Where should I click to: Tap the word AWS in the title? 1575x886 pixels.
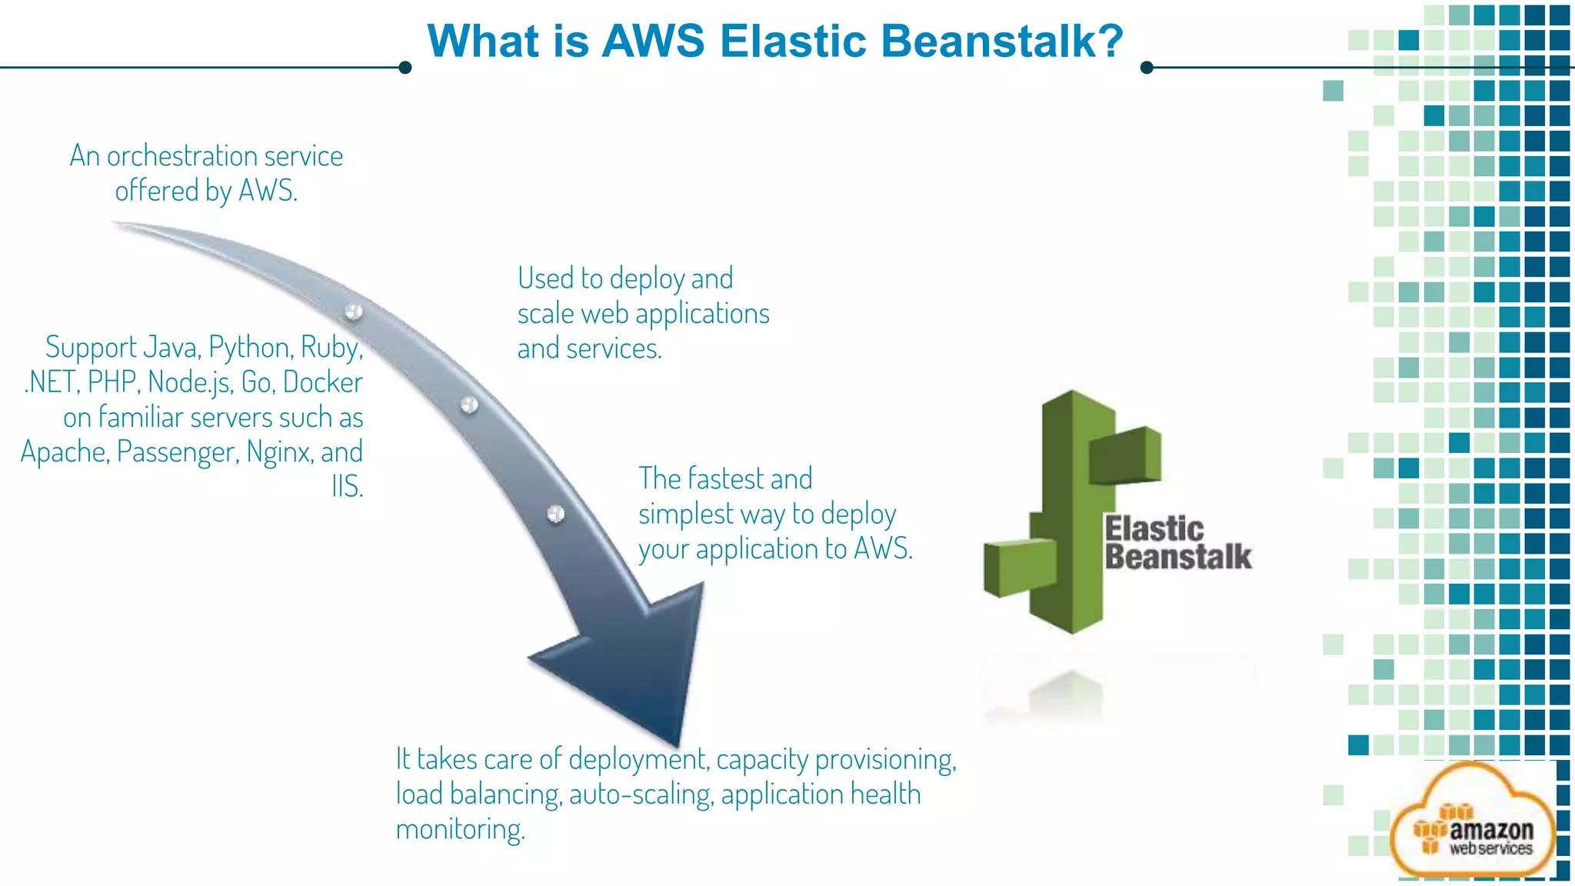[653, 41]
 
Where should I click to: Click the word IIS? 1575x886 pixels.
[347, 487]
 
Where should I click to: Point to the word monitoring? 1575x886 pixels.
[460, 830]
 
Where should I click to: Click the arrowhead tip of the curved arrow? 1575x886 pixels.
[677, 742]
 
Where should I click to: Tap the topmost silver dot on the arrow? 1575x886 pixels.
[354, 311]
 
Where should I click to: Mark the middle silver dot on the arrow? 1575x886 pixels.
[469, 405]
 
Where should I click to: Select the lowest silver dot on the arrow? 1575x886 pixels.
[556, 513]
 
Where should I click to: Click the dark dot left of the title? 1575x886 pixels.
[405, 68]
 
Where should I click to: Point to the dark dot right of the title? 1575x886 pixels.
[1147, 68]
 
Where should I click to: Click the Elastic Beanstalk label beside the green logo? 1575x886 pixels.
[1177, 543]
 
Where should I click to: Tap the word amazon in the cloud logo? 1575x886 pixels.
[1491, 831]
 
